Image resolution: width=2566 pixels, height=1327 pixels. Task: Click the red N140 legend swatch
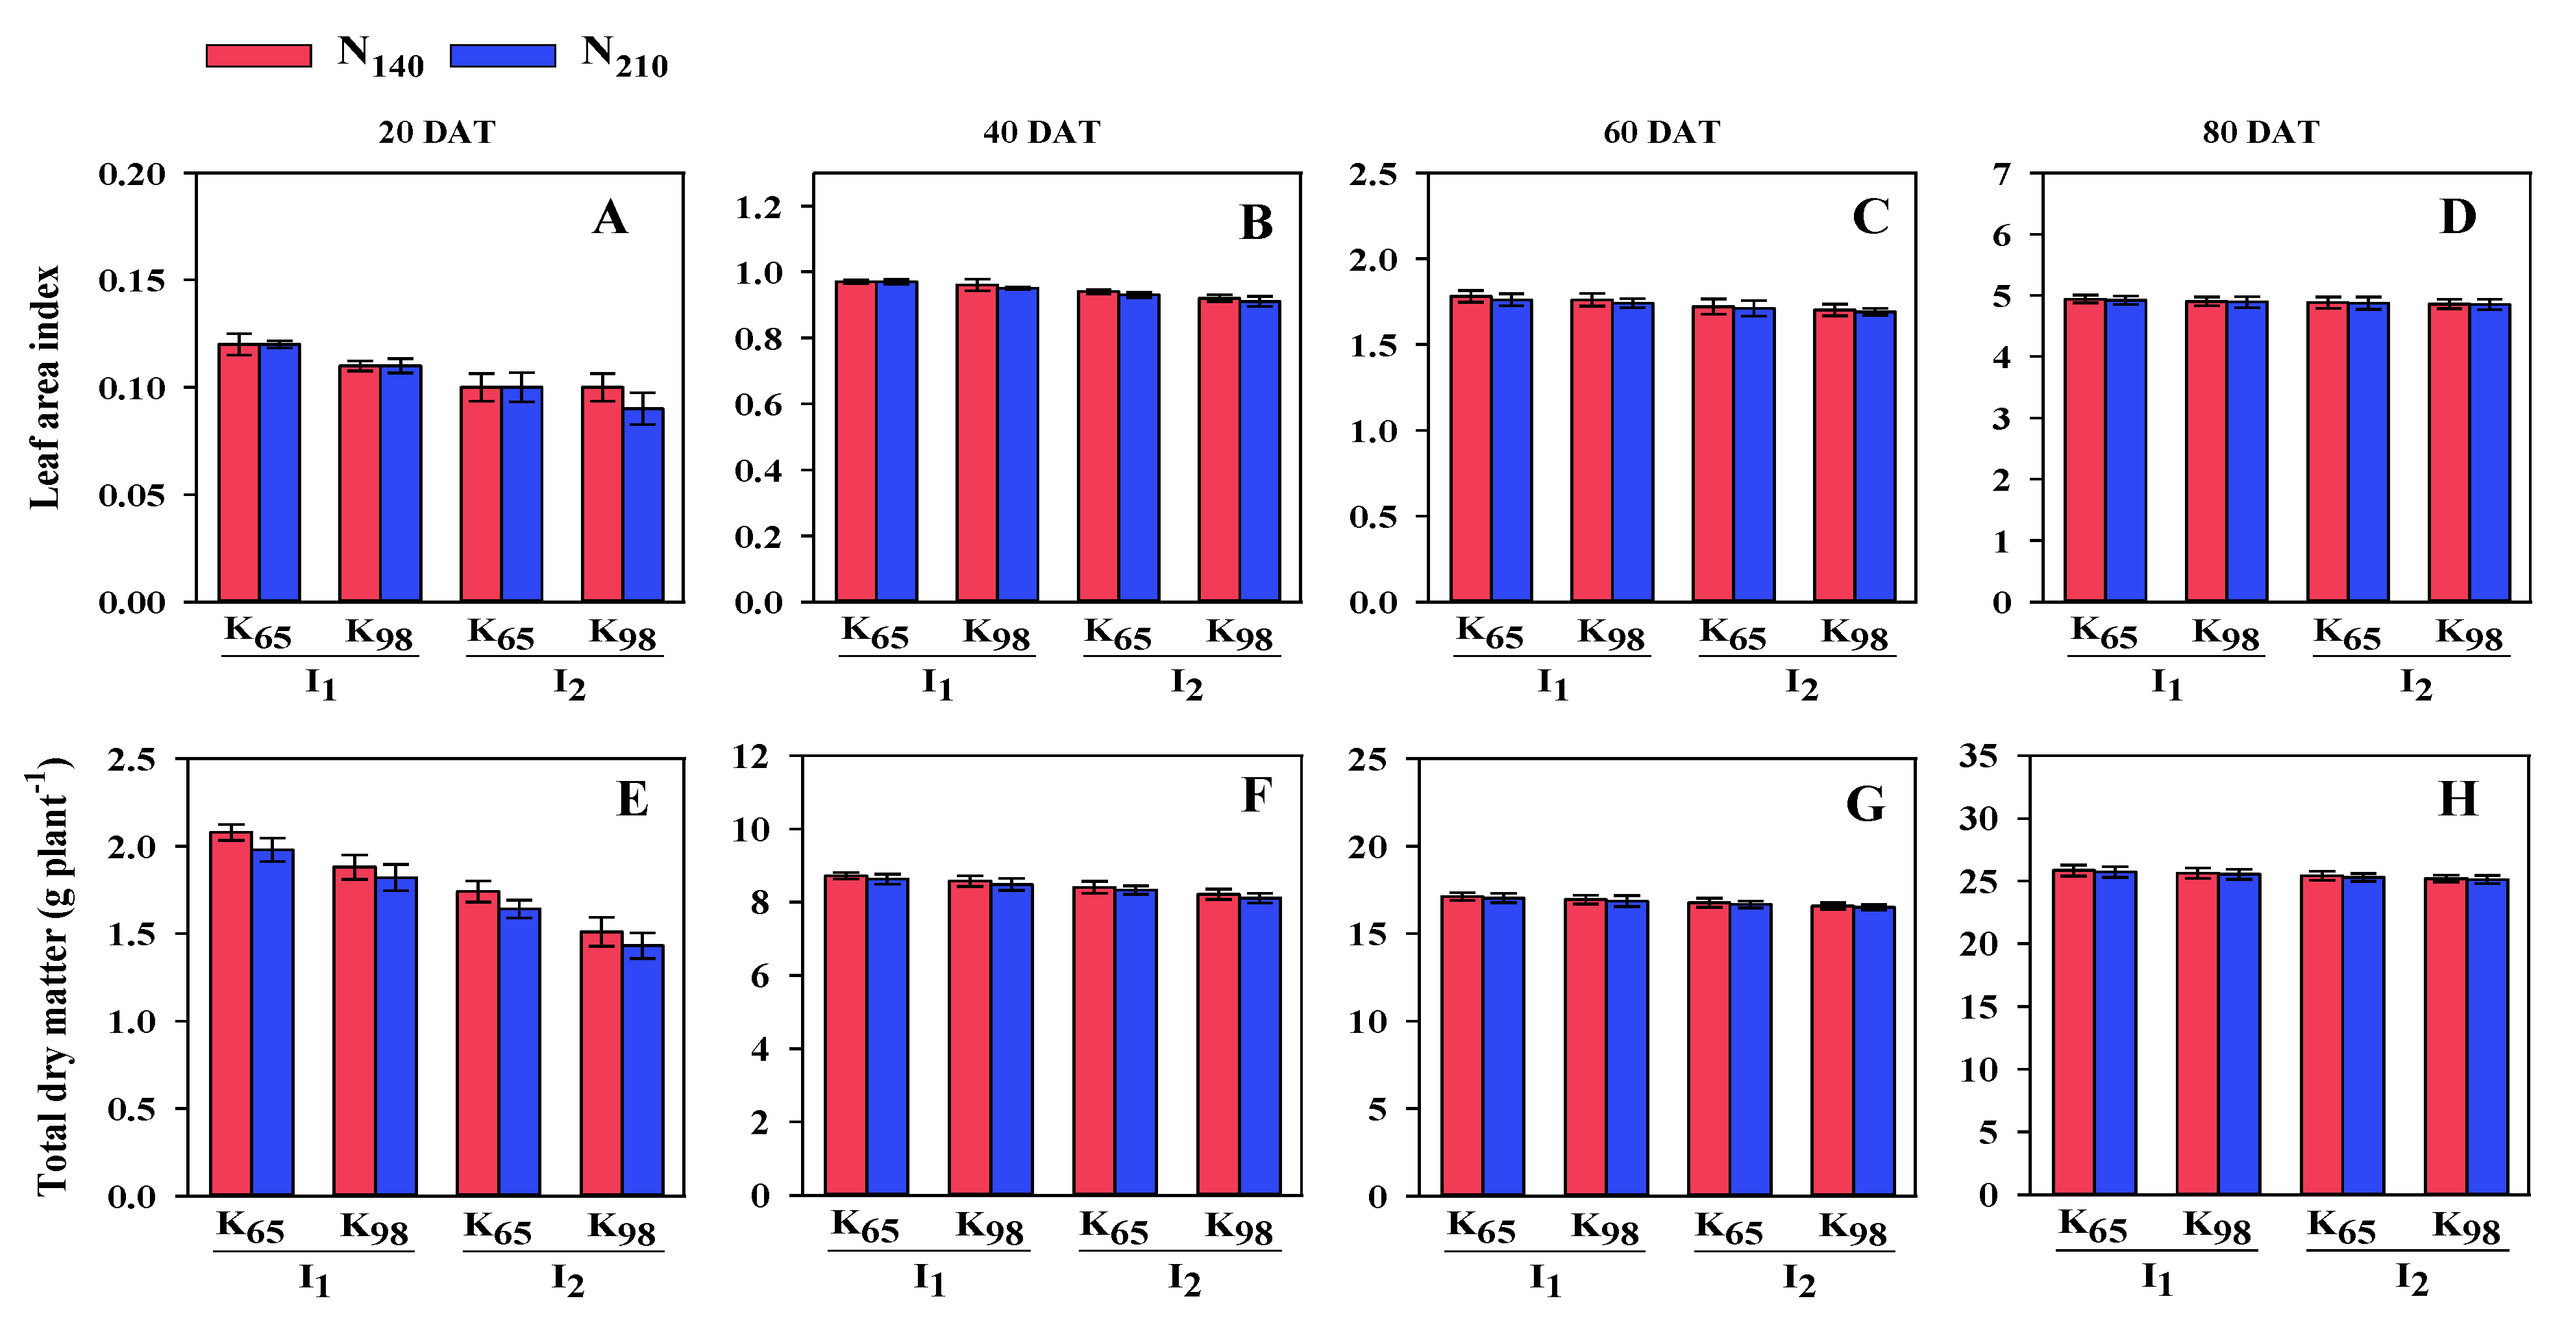tap(258, 56)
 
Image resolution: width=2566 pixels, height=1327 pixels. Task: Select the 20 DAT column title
tap(436, 132)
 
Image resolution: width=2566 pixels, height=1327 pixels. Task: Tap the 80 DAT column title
tap(2260, 132)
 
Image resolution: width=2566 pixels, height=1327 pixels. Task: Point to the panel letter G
tap(1865, 803)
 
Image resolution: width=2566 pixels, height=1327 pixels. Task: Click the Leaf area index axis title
tap(45, 386)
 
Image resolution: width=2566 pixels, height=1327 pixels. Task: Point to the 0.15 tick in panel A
tap(132, 281)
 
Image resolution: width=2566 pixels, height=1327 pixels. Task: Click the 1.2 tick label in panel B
tap(758, 207)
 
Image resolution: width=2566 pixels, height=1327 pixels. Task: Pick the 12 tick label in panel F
tap(750, 757)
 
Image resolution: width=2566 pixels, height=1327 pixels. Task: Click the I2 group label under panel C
tap(1801, 684)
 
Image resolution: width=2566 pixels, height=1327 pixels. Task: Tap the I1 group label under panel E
tap(315, 1278)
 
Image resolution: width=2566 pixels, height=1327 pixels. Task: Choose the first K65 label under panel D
tap(2104, 632)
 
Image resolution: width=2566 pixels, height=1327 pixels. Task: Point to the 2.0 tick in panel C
tap(1373, 260)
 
